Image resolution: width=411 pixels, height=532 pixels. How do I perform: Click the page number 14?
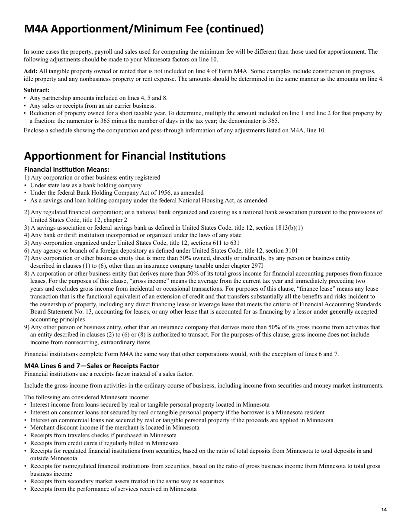tap(384, 510)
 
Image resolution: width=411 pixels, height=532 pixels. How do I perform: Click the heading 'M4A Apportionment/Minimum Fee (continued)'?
tap(144, 29)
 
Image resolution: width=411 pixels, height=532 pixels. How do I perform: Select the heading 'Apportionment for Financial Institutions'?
tap(125, 156)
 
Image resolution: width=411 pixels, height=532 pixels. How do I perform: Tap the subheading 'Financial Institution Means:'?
tap(67, 170)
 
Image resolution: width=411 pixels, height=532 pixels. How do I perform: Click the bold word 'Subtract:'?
tap(36, 90)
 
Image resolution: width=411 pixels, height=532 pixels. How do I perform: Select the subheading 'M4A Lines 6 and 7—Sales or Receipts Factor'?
tap(91, 365)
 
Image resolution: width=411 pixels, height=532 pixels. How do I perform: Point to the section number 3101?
tap(291, 250)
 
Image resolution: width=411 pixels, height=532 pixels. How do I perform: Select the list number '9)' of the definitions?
tap(27, 327)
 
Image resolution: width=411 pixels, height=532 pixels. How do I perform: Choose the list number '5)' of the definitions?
tap(27, 243)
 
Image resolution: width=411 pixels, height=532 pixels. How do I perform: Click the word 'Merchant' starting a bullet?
tap(42, 428)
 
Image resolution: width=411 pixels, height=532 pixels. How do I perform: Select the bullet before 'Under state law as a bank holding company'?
tap(26, 185)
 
